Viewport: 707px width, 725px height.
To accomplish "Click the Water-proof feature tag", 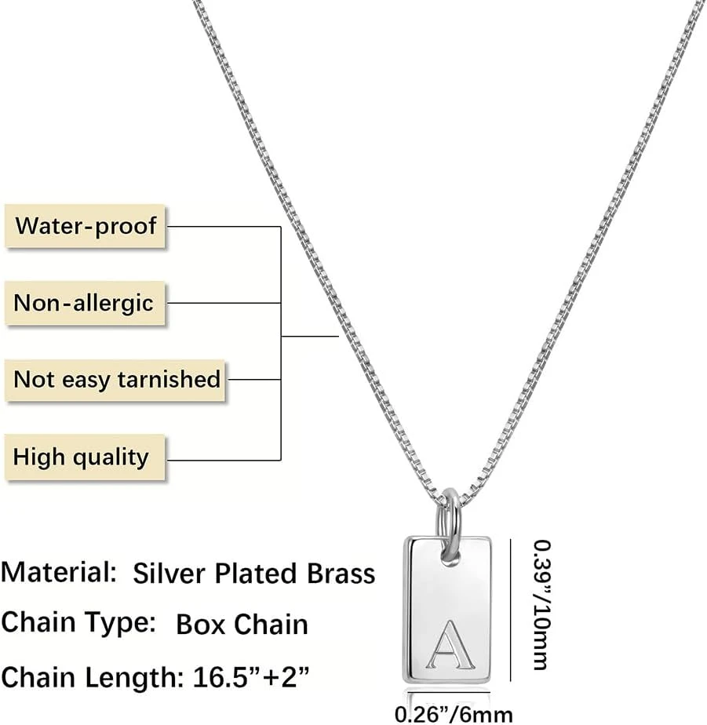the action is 86,226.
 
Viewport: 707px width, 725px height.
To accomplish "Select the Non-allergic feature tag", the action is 84,303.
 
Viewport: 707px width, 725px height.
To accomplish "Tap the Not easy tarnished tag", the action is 117,380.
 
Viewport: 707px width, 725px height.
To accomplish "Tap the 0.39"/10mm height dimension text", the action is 540,604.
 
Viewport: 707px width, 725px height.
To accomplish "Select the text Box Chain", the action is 242,625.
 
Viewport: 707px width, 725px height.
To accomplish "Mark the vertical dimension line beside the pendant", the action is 511,604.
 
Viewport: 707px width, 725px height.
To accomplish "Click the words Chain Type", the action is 78,623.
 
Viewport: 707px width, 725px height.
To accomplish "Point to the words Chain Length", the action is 94,676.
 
